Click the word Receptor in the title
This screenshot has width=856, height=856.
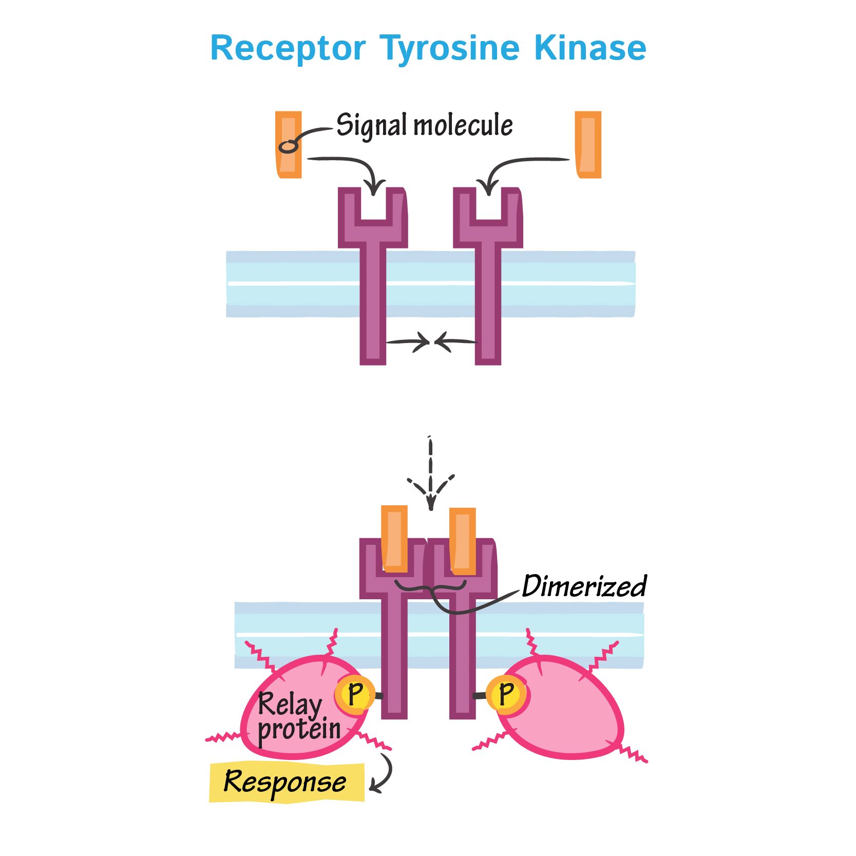(x=288, y=48)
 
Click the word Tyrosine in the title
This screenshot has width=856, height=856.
(x=450, y=49)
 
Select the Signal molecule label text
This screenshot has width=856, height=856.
(x=424, y=125)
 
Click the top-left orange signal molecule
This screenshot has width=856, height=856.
(x=289, y=145)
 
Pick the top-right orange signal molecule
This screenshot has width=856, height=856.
(x=588, y=145)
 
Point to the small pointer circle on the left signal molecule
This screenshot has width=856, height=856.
(x=288, y=147)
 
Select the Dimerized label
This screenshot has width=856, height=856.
(x=583, y=586)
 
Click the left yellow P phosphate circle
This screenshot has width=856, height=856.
(x=354, y=695)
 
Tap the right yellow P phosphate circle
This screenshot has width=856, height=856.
(x=506, y=695)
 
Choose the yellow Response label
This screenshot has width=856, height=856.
(x=286, y=782)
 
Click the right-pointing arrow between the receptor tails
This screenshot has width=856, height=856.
(x=408, y=342)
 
